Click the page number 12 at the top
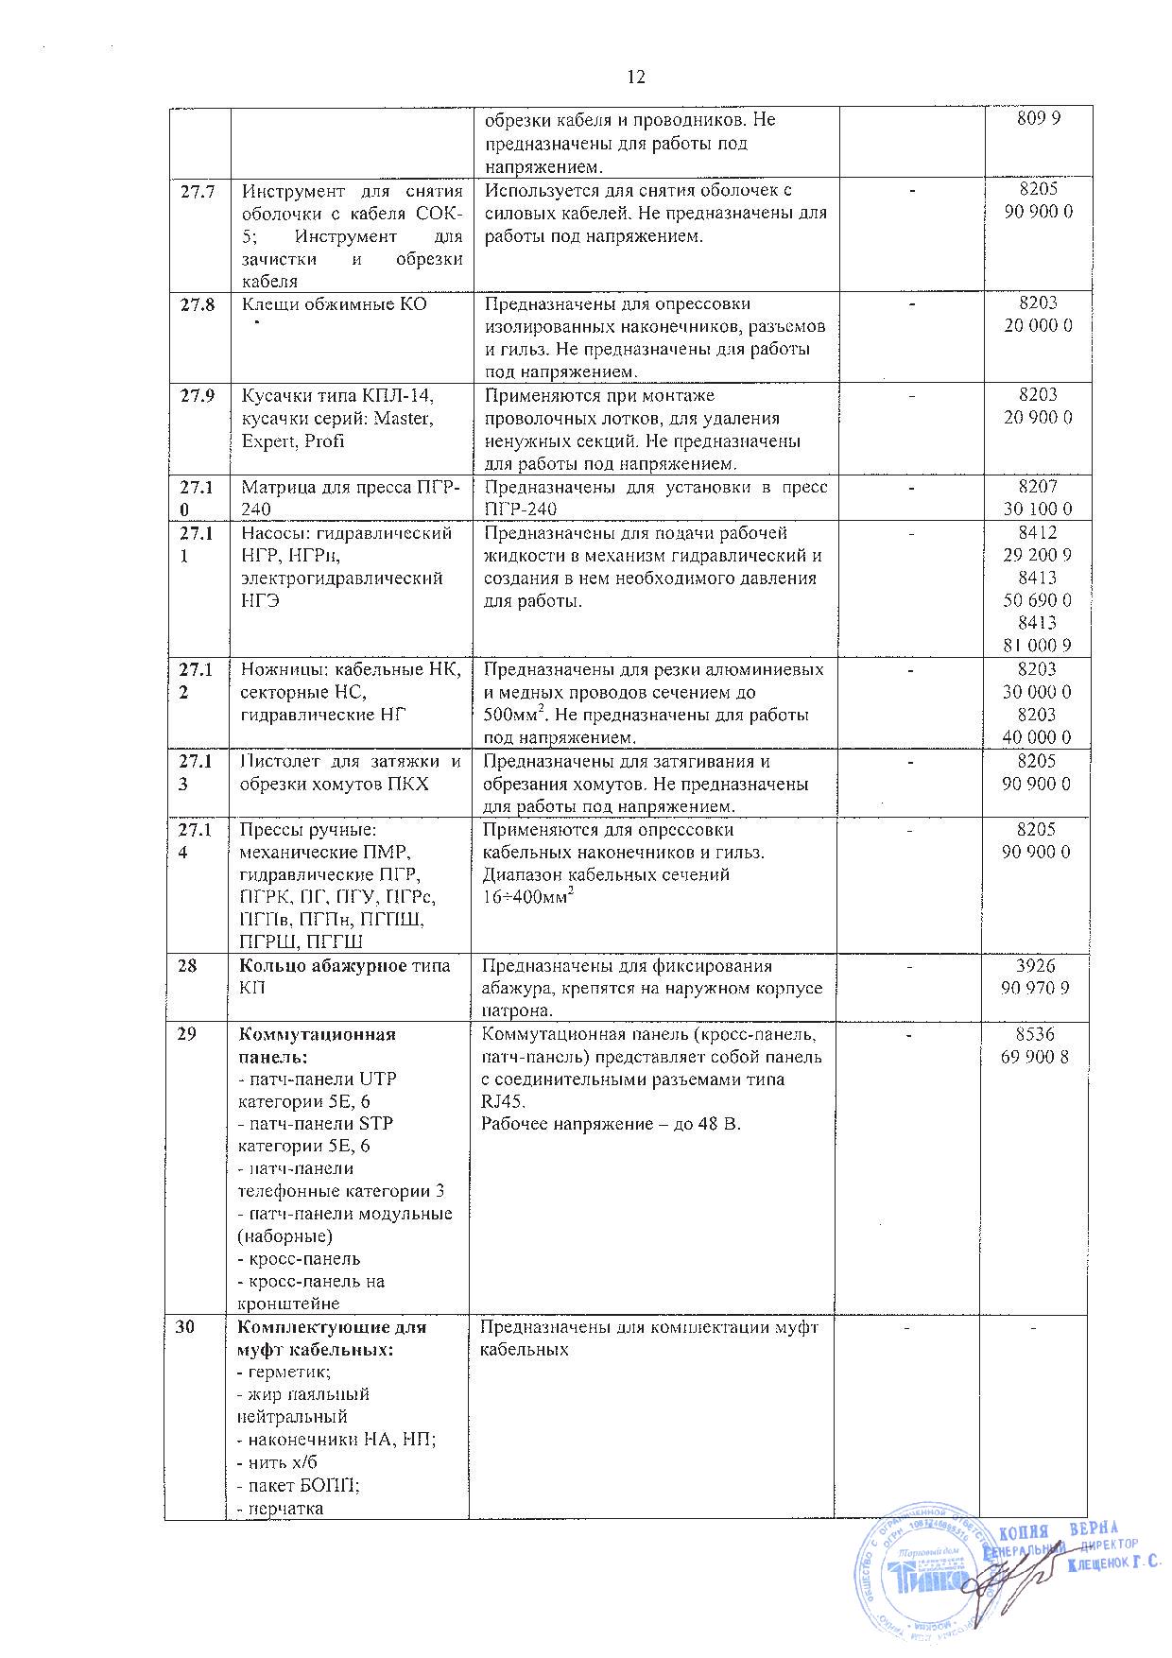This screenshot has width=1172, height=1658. point(635,78)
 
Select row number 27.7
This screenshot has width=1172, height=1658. point(198,191)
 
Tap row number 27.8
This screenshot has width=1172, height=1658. point(198,304)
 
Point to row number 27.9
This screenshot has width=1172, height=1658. point(198,396)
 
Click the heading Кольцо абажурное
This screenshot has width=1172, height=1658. point(318,966)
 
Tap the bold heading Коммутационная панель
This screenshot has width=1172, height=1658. point(316,1045)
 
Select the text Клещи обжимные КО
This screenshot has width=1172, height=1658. point(334,304)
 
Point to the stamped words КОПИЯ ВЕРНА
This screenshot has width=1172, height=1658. point(1058,1530)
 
